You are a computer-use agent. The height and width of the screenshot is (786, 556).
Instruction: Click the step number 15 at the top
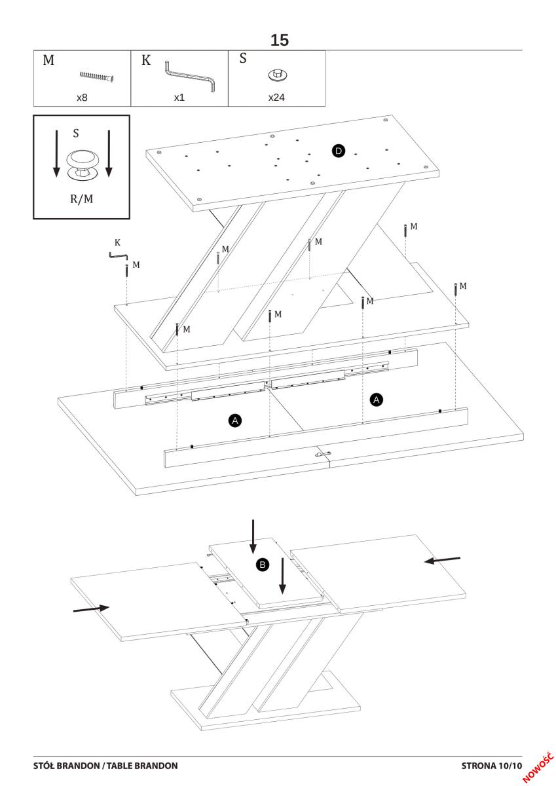pyautogui.click(x=279, y=41)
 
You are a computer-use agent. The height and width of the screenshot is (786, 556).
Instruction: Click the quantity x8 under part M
pyautogui.click(x=82, y=98)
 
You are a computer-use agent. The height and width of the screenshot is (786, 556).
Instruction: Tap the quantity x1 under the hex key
pyautogui.click(x=179, y=98)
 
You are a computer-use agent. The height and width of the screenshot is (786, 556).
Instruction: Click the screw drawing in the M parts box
pyautogui.click(x=97, y=77)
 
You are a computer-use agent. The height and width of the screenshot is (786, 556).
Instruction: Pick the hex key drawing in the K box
pyautogui.click(x=189, y=75)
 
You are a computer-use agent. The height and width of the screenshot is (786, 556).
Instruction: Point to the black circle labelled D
pyautogui.click(x=338, y=151)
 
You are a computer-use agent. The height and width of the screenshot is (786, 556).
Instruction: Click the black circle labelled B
pyautogui.click(x=261, y=564)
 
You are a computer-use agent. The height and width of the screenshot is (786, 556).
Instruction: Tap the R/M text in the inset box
pyautogui.click(x=81, y=199)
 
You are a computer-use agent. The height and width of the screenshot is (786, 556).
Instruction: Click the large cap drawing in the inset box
pyautogui.click(x=82, y=164)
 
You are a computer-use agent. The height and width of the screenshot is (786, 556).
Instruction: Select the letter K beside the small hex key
pyautogui.click(x=117, y=242)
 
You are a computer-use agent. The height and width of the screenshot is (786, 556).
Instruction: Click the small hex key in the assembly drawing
pyautogui.click(x=119, y=256)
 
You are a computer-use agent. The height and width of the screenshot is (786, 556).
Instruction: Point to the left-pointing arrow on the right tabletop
pyautogui.click(x=442, y=560)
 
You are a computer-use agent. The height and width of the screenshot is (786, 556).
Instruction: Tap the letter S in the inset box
pyautogui.click(x=76, y=133)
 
